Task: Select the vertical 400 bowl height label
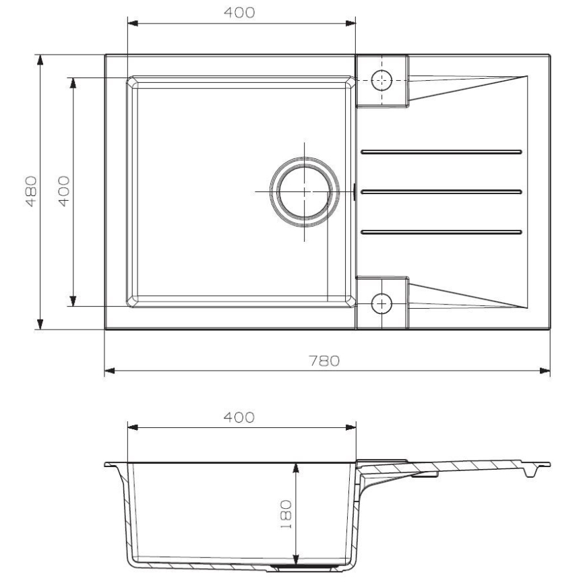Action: pyautogui.click(x=63, y=191)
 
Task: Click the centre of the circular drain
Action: pyautogui.click(x=304, y=191)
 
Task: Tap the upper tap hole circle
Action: pyautogui.click(x=382, y=80)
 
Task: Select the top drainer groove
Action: pyautogui.click(x=441, y=151)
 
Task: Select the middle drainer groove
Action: pyautogui.click(x=441, y=191)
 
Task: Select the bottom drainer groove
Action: pyautogui.click(x=441, y=233)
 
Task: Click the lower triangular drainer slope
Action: pyautogui.click(x=465, y=297)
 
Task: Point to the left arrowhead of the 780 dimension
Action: pyautogui.click(x=109, y=370)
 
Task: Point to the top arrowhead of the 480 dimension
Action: pyautogui.click(x=41, y=59)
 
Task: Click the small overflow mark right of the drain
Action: pyautogui.click(x=355, y=191)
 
